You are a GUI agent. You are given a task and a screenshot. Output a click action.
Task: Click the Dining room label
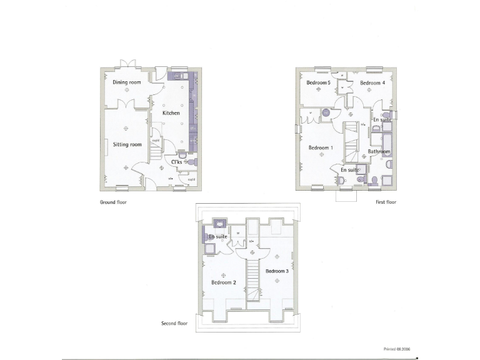click(x=126, y=82)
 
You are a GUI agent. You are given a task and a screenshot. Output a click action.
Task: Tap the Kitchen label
click(x=171, y=113)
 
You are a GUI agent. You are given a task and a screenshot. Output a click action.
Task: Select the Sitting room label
click(x=127, y=144)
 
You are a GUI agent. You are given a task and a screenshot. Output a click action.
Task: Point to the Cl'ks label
click(x=176, y=162)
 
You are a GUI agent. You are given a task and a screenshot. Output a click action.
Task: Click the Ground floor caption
click(x=113, y=202)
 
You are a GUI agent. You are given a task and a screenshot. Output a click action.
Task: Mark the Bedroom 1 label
click(x=321, y=147)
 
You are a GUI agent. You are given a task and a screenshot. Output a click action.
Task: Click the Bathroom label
click(x=379, y=152)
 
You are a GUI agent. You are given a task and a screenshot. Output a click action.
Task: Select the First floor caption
click(x=386, y=202)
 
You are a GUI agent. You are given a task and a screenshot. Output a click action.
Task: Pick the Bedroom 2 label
click(x=223, y=282)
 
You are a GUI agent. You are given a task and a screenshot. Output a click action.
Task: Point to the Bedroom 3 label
click(x=277, y=271)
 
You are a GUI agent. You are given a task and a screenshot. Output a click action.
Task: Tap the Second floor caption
click(x=174, y=324)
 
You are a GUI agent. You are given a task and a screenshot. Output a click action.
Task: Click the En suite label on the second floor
click(x=217, y=237)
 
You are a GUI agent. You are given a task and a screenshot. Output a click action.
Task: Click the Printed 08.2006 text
click(x=398, y=349)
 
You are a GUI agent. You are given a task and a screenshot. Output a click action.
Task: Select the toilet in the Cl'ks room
click(x=191, y=162)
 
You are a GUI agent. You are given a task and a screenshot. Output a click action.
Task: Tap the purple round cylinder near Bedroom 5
click(x=325, y=113)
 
